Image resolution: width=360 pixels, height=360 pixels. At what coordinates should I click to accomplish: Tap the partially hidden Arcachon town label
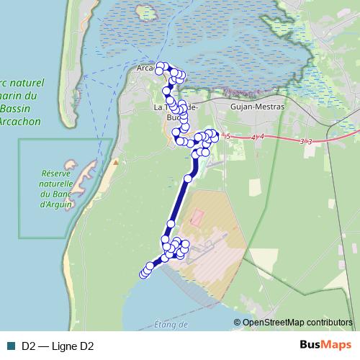click(145, 69)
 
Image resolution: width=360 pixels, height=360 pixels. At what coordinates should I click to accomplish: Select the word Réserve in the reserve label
click(59, 174)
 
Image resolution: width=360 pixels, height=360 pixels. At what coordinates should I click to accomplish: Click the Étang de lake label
click(171, 325)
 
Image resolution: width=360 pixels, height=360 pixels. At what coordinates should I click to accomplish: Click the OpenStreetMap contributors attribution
click(297, 322)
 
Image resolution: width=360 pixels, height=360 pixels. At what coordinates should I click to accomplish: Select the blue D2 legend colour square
click(11, 346)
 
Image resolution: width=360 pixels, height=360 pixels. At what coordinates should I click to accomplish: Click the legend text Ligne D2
click(68, 346)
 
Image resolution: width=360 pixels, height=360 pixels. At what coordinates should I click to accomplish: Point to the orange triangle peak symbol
click(114, 161)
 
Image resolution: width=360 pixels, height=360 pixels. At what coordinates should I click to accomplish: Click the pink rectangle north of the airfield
click(197, 217)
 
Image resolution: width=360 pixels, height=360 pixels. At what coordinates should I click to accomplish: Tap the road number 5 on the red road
click(228, 136)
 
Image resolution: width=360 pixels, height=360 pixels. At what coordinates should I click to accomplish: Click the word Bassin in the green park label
click(15, 108)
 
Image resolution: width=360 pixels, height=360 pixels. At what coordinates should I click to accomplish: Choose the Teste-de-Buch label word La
click(159, 107)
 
